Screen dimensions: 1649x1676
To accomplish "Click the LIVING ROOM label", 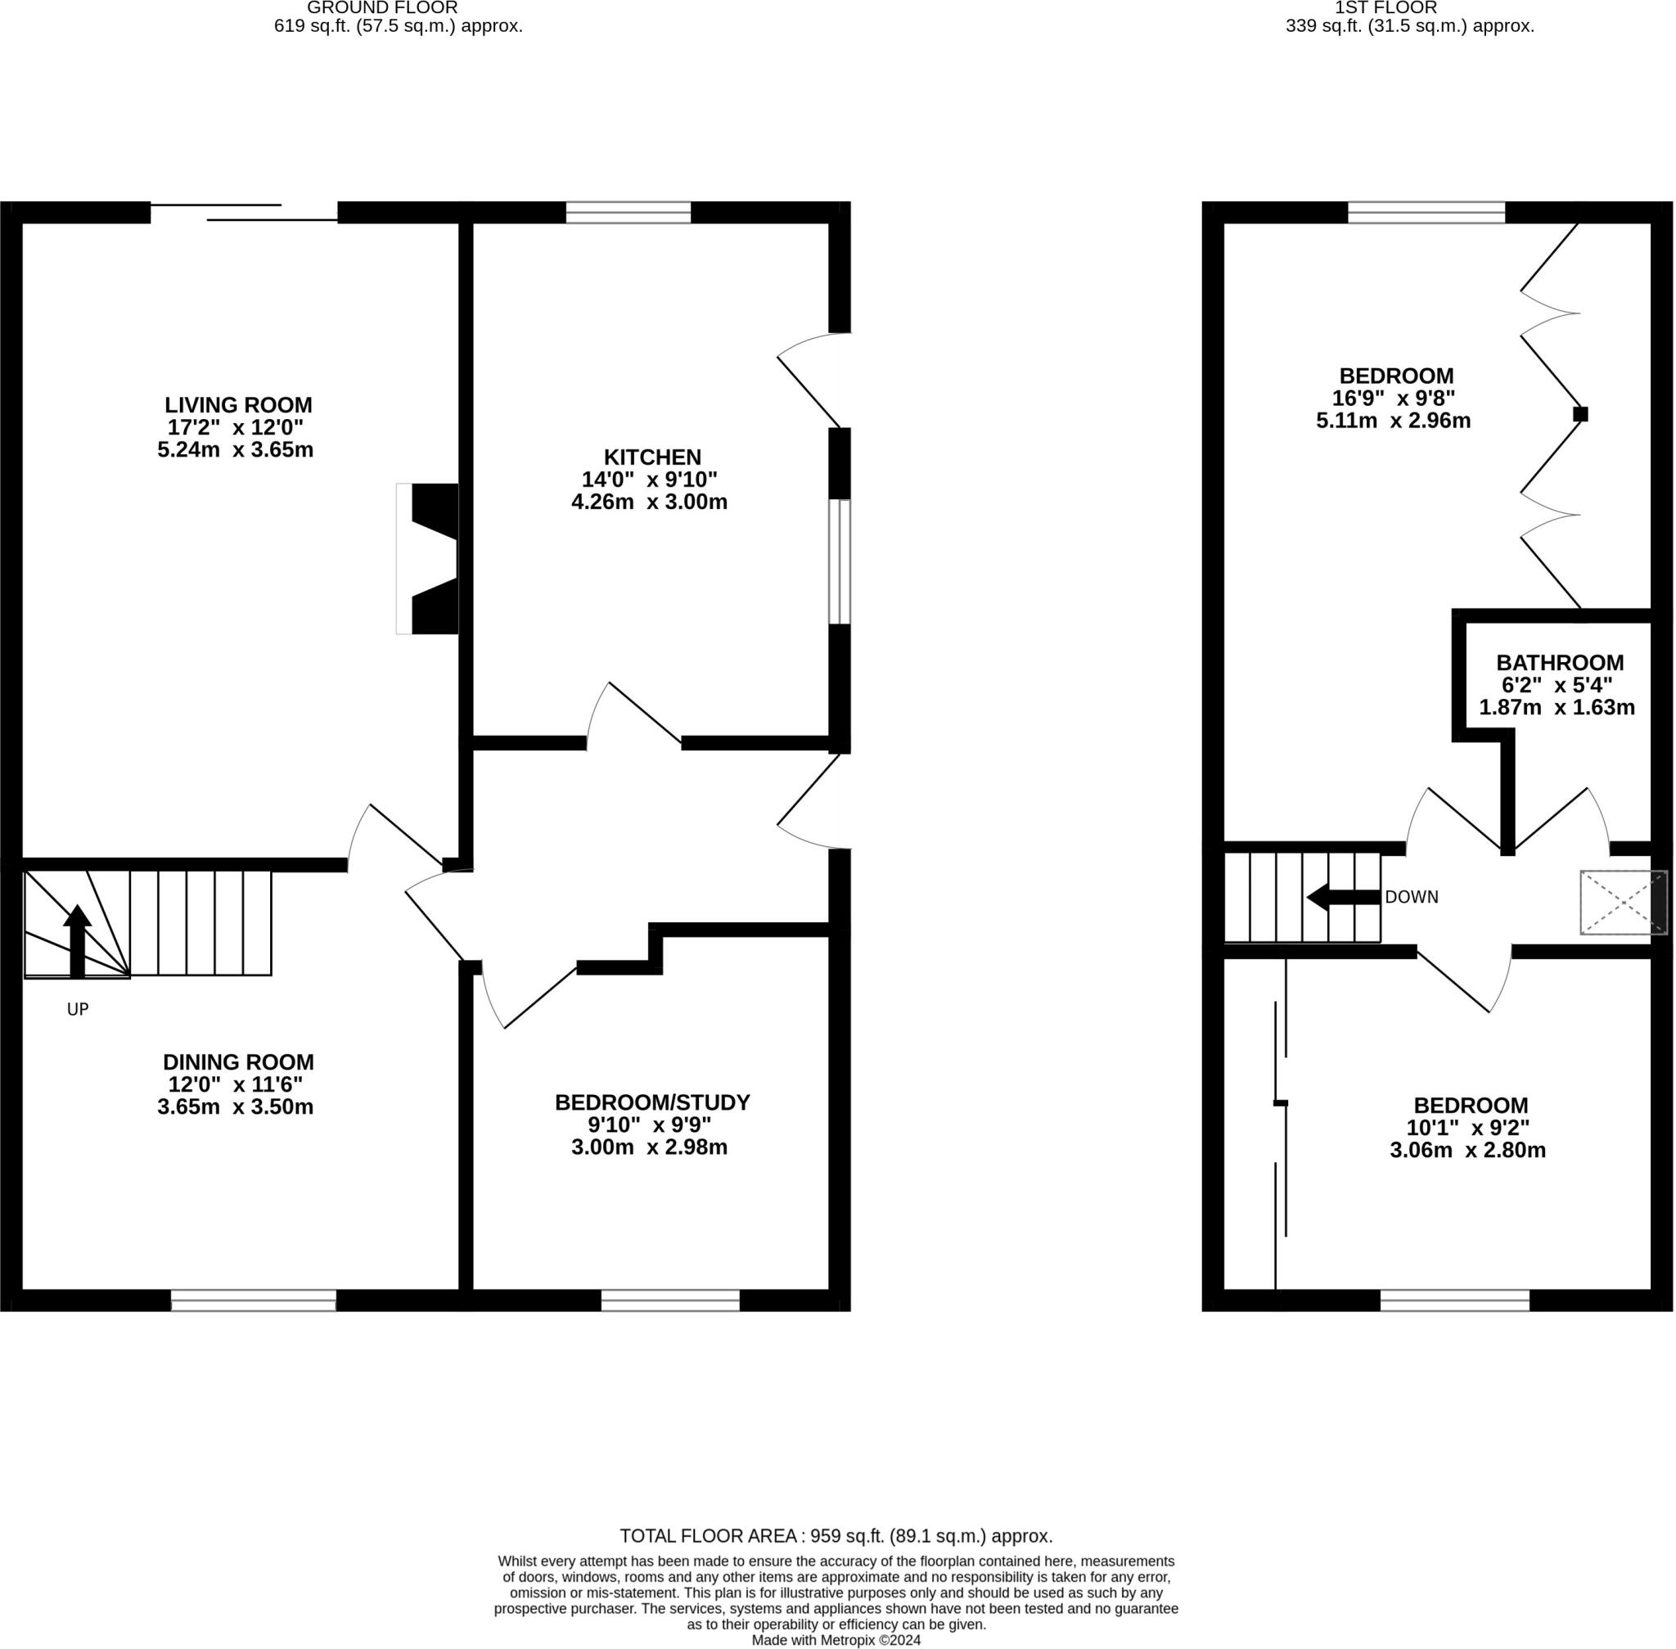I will coord(238,404).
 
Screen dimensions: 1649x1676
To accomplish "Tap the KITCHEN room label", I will coord(652,457).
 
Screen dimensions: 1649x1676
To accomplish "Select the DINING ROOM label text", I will coord(238,1061).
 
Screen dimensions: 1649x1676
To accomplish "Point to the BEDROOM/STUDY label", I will coord(652,1102).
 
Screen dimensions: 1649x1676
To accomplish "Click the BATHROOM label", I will coord(1560,663).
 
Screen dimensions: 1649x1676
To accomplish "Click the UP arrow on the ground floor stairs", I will coord(77,940).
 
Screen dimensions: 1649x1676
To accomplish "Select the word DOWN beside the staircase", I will coord(1412,897).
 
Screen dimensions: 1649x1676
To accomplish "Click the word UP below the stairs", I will coord(78,1009).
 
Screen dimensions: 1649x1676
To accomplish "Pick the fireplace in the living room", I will coord(428,559).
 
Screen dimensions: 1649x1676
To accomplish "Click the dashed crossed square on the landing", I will coord(1623,903).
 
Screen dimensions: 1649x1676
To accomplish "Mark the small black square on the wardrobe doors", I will coord(1580,414).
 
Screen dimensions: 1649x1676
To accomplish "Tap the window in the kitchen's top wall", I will coord(628,212).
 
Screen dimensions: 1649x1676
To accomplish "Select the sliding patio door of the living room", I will coord(244,212).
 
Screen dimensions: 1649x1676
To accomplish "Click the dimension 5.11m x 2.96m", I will coord(1393,421).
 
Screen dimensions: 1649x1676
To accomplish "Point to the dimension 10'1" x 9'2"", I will coord(1468,1128).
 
